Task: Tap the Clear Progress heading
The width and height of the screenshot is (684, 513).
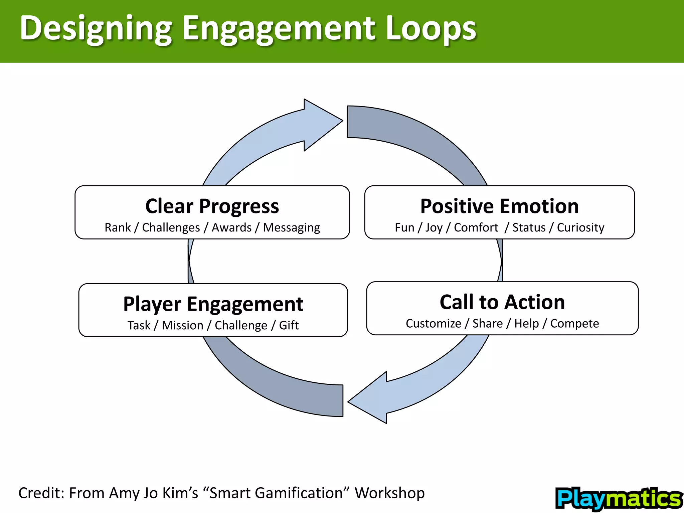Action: point(212,206)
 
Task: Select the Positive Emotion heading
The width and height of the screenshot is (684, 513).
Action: point(499,206)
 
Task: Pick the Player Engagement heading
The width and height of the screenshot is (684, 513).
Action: point(213,304)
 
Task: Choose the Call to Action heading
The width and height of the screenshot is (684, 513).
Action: point(502,302)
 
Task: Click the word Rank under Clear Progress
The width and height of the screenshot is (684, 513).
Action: point(118,227)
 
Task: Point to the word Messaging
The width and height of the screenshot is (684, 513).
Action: point(291,228)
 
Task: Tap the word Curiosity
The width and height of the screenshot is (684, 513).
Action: point(580,228)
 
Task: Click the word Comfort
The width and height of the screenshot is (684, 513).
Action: point(476,227)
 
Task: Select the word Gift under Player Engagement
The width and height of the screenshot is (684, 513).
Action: point(289,325)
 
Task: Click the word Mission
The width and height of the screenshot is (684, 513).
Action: point(182,325)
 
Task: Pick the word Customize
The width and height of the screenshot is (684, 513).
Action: point(433,323)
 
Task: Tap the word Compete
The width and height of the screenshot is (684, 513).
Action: point(574,324)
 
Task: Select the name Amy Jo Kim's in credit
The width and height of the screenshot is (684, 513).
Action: point(154,493)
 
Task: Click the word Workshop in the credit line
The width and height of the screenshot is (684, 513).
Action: point(389,493)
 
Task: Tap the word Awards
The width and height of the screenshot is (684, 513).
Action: point(231,227)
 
